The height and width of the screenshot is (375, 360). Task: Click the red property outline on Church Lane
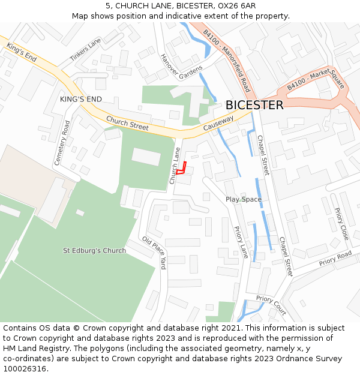point(182,169)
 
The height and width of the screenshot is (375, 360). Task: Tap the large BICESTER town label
point(254,105)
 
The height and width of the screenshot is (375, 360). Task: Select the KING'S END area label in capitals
point(80,99)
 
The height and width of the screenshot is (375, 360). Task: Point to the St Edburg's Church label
point(95,250)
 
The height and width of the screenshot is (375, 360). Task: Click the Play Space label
point(244,199)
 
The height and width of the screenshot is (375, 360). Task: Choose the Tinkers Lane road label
point(85,50)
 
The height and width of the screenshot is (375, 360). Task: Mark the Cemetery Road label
point(62,143)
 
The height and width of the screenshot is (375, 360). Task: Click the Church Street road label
point(127,123)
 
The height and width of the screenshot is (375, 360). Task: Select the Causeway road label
point(218,124)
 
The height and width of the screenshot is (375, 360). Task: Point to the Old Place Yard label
point(154,253)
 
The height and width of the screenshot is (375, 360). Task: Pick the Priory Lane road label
point(241,242)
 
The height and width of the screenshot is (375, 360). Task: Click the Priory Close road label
point(341,224)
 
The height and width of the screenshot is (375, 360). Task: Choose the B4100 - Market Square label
point(316,79)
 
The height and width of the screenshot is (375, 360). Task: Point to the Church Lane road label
point(175,166)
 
